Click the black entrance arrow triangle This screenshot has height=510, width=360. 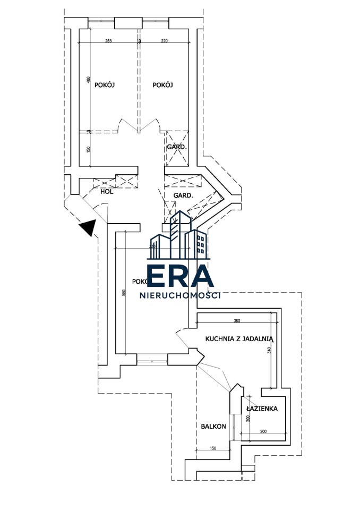point(87,228)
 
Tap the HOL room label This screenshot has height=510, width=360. point(107,192)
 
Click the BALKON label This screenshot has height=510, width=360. point(213,427)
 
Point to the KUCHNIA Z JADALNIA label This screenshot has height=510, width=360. point(239,338)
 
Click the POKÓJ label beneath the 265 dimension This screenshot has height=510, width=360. point(105,85)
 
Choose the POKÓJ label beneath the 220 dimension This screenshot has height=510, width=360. point(163,85)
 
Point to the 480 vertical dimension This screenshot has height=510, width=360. point(89,80)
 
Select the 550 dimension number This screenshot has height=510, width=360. point(124,292)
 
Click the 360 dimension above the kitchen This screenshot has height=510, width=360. point(237,320)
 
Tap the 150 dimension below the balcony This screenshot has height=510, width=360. point(213,448)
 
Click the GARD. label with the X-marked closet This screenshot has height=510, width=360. point(176,147)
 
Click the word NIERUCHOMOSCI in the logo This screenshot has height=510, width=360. point(179,295)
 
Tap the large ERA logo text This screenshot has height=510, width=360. point(180,276)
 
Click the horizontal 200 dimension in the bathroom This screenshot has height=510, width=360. point(264,431)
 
